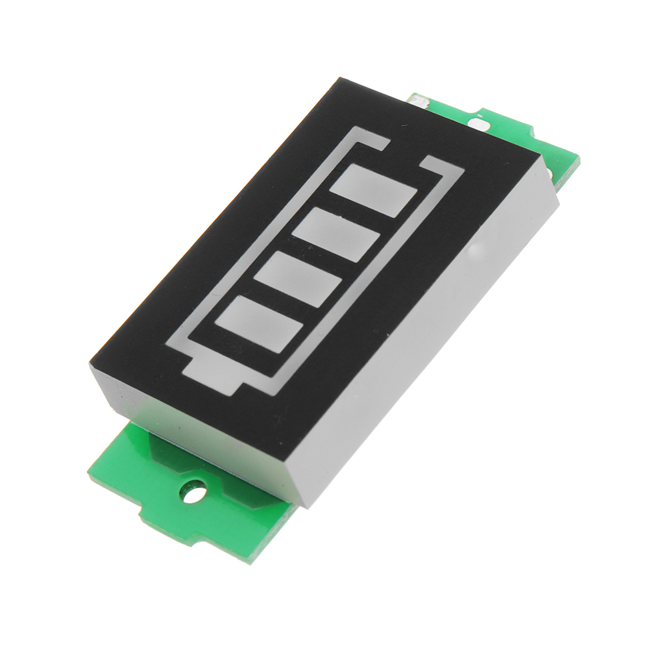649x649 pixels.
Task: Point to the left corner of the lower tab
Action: click(88, 469)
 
